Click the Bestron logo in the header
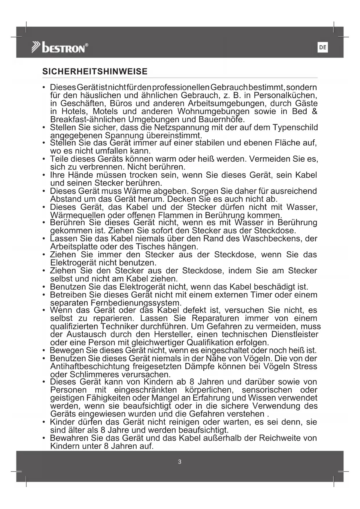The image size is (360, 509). [x=60, y=48]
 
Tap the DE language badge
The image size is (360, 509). [x=323, y=47]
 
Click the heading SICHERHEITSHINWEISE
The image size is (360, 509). [x=95, y=72]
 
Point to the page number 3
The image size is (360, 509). [x=180, y=462]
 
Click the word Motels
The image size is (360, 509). [x=105, y=111]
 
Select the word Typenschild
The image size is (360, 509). [x=296, y=127]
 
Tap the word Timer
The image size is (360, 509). [x=261, y=295]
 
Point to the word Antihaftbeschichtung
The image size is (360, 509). [x=90, y=366]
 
